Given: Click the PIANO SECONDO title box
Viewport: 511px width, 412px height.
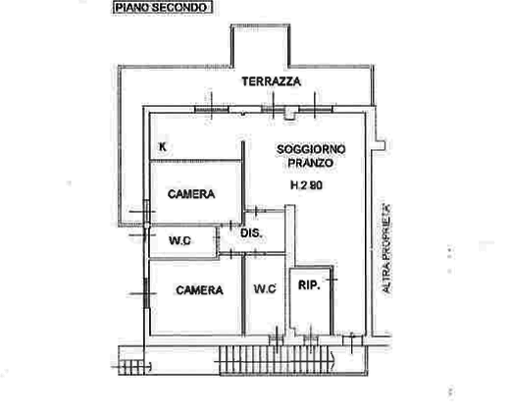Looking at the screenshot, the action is point(163,8).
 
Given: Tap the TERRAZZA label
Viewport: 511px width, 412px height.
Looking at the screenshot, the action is point(271,81).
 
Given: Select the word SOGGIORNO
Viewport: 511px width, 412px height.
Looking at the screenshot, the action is point(311,149).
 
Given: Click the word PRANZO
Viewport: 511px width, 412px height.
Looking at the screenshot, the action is point(310,163).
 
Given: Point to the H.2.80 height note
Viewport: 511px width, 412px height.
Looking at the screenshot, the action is point(307,185).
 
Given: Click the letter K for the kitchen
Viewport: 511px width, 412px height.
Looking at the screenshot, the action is point(162,146).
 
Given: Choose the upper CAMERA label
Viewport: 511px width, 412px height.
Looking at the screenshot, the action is point(191,194).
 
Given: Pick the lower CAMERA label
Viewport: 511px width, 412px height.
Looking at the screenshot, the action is point(199,290).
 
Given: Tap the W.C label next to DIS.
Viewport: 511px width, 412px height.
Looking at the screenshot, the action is point(179,240).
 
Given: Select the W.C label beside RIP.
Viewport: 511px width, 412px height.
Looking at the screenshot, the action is point(265,288).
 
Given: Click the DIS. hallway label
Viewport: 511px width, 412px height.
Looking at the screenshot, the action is point(251,233).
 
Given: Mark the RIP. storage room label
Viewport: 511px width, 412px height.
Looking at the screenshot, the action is point(309,285).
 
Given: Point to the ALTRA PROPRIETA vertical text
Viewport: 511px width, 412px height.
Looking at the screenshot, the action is point(386,248).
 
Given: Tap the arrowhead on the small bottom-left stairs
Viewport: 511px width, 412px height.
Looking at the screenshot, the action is point(149,367).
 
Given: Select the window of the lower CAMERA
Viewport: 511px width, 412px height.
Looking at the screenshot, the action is point(146,293).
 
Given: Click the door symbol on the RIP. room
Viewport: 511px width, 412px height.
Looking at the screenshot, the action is point(332,280).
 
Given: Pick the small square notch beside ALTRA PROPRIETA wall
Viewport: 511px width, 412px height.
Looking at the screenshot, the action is point(381,145).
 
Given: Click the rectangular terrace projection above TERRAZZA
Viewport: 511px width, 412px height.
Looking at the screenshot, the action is point(261,46).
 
